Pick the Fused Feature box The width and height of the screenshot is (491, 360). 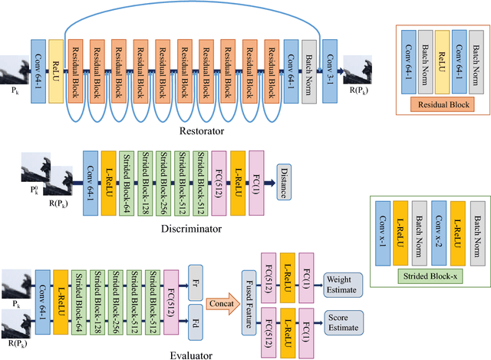248,291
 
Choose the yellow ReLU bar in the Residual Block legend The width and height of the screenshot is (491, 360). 441,61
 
